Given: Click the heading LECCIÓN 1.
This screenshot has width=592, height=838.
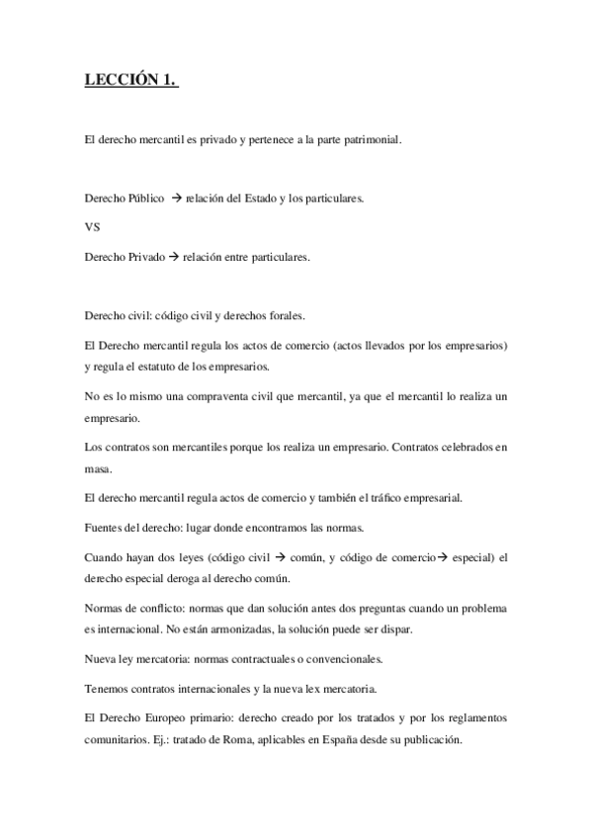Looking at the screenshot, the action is click(131, 82).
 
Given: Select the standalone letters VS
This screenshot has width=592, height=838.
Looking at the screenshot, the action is click(93, 226).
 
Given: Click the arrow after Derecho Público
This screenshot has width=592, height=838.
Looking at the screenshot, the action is click(178, 198).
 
